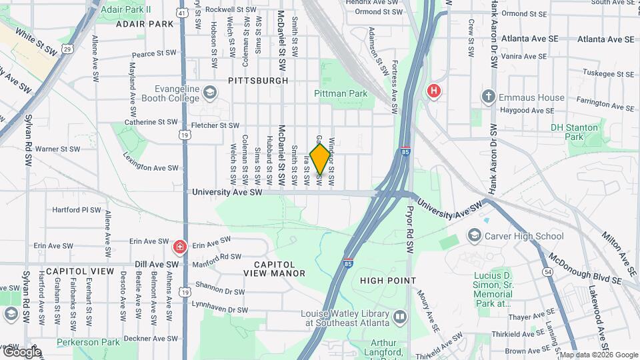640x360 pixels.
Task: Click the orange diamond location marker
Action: [x=320, y=159]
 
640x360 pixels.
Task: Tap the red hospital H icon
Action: [x=435, y=91]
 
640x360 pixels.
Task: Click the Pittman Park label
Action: [x=341, y=94]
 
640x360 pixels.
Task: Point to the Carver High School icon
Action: [x=474, y=235]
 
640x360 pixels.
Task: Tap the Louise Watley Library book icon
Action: [x=399, y=317]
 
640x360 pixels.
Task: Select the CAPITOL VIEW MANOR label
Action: [x=274, y=268]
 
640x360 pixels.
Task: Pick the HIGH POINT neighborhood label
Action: [x=388, y=281]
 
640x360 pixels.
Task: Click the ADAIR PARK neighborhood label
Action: [x=144, y=24]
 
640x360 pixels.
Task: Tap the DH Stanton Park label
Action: [x=567, y=132]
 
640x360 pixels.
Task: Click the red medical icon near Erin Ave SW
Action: [x=179, y=248]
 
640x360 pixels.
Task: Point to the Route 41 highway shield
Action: [x=183, y=12]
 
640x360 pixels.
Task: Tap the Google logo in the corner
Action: [x=22, y=351]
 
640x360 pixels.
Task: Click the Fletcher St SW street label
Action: [x=215, y=125]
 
